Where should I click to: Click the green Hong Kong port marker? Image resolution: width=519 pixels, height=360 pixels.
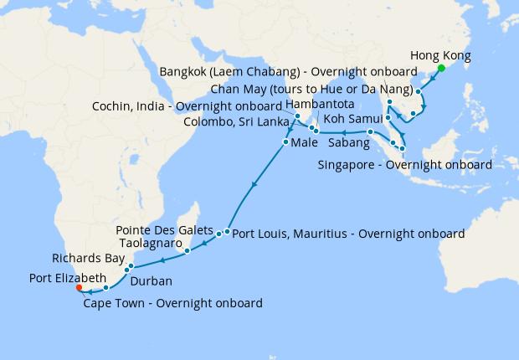coord(441,69)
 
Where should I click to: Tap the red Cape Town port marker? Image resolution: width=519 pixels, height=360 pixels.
coord(79,287)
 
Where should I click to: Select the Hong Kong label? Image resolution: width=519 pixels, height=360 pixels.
coord(441,56)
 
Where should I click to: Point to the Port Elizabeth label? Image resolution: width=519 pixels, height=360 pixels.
coord(68,277)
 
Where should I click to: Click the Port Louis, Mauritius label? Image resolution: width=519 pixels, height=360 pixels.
coord(347,235)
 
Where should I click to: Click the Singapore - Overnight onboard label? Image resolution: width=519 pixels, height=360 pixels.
coord(404,165)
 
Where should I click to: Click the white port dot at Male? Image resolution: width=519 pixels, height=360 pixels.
coord(286,142)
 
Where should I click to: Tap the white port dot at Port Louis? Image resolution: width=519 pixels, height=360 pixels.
coord(227,231)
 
